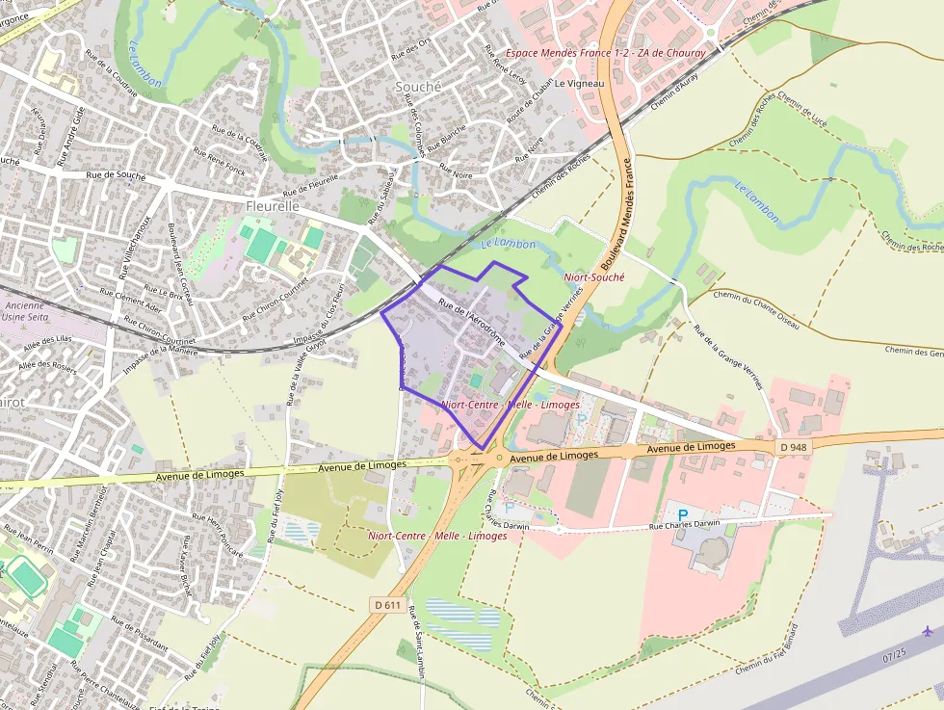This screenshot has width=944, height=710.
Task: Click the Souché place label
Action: [418, 87]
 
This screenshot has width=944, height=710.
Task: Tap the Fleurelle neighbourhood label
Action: [273, 206]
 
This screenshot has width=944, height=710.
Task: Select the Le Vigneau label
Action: [580, 84]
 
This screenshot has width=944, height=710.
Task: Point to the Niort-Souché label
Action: [594, 276]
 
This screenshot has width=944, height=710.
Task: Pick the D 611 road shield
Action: [387, 605]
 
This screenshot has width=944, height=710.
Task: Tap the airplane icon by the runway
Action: [928, 631]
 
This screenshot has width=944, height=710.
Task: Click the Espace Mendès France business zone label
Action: [606, 53]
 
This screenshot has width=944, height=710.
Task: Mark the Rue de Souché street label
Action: [116, 175]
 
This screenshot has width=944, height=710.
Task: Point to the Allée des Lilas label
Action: [49, 343]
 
